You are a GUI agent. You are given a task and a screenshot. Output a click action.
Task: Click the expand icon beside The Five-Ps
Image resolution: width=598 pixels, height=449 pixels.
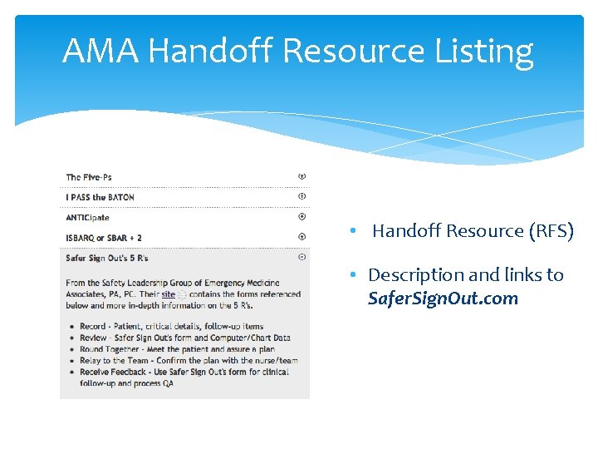point(302,176)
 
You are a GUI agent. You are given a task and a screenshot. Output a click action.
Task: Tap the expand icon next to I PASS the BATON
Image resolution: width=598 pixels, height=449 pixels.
point(302,196)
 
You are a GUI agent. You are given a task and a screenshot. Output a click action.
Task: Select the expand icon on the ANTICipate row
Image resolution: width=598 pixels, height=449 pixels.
point(302,216)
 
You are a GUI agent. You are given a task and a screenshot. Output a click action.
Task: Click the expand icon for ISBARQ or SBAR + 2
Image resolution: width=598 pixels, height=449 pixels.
point(302,237)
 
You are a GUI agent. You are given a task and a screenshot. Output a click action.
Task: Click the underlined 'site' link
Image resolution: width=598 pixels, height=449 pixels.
point(169,294)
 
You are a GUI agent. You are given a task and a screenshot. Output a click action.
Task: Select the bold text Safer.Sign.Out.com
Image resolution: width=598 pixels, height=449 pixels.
point(443,299)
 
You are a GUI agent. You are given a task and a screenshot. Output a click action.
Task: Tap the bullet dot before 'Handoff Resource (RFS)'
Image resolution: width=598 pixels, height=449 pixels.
point(353,231)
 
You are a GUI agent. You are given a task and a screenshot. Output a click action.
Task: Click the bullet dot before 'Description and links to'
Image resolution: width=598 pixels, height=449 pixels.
point(353,275)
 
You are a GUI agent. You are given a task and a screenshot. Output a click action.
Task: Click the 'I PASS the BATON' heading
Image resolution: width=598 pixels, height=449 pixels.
point(100,197)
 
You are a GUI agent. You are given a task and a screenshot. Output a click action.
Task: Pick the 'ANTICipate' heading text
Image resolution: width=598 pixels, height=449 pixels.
point(87,217)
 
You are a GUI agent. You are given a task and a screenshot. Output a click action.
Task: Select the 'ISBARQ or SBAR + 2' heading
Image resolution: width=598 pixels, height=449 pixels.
point(104,238)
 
